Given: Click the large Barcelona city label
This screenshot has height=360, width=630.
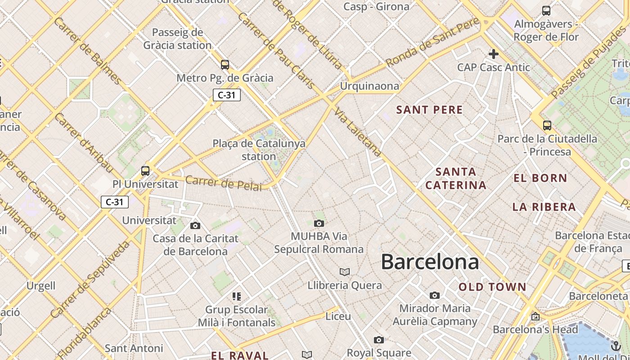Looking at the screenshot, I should click(x=430, y=262).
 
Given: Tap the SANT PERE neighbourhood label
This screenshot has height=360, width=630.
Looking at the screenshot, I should click(x=429, y=110).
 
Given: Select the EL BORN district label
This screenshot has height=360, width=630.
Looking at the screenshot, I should click(x=540, y=178).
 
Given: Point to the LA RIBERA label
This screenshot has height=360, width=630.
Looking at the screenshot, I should click(x=544, y=207).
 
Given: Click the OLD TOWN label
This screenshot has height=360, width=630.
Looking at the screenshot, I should click(x=492, y=287).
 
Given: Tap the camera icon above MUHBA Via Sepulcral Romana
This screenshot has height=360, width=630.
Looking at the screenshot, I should click(x=319, y=223).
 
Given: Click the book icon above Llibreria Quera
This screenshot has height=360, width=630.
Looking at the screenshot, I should click(x=345, y=272).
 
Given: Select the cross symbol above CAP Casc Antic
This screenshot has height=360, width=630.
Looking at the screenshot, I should click(x=494, y=54).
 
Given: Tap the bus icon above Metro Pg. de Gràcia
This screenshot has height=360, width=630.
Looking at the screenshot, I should click(x=225, y=65).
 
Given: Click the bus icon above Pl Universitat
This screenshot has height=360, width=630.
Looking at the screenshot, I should click(x=145, y=171).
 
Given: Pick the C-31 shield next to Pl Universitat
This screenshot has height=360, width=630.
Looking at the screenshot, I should click(x=114, y=202).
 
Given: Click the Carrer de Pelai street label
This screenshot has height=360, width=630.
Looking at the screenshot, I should click(x=223, y=183).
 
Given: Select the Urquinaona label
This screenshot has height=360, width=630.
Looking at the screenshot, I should click(x=369, y=86).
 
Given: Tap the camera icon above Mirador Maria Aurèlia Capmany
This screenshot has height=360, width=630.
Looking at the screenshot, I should click(x=434, y=296).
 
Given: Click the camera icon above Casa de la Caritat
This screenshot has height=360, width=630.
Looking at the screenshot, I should click(x=195, y=225).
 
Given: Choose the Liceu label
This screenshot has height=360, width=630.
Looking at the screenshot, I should click(x=338, y=316).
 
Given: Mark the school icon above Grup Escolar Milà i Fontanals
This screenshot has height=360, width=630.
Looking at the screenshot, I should click(x=237, y=296).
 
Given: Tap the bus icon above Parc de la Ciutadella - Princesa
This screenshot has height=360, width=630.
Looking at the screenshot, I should click(x=547, y=126).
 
